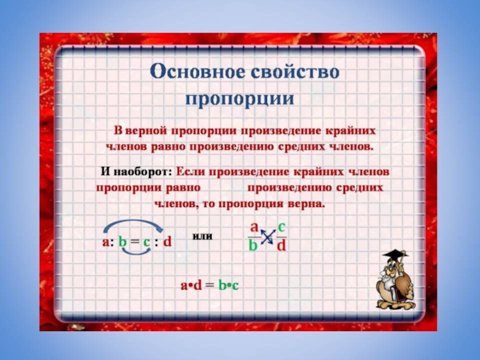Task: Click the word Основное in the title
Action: coord(197,73)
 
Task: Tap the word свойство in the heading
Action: coord(295,73)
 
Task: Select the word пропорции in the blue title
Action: coord(239,98)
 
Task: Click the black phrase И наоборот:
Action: coord(137,172)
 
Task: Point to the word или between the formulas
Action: coord(202,236)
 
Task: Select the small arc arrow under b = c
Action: coord(137,251)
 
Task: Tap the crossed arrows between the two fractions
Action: coord(267,236)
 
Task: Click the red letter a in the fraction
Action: coord(254,227)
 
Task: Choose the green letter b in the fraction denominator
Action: coord(253,245)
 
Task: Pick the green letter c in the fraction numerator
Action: coord(281,227)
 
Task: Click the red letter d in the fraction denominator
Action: coord(281,245)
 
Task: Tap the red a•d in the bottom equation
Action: coord(191,286)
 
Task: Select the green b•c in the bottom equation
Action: coord(228,286)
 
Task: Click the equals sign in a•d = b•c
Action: coord(210,286)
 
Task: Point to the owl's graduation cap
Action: coord(395,254)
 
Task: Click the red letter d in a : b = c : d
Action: coord(167,242)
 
